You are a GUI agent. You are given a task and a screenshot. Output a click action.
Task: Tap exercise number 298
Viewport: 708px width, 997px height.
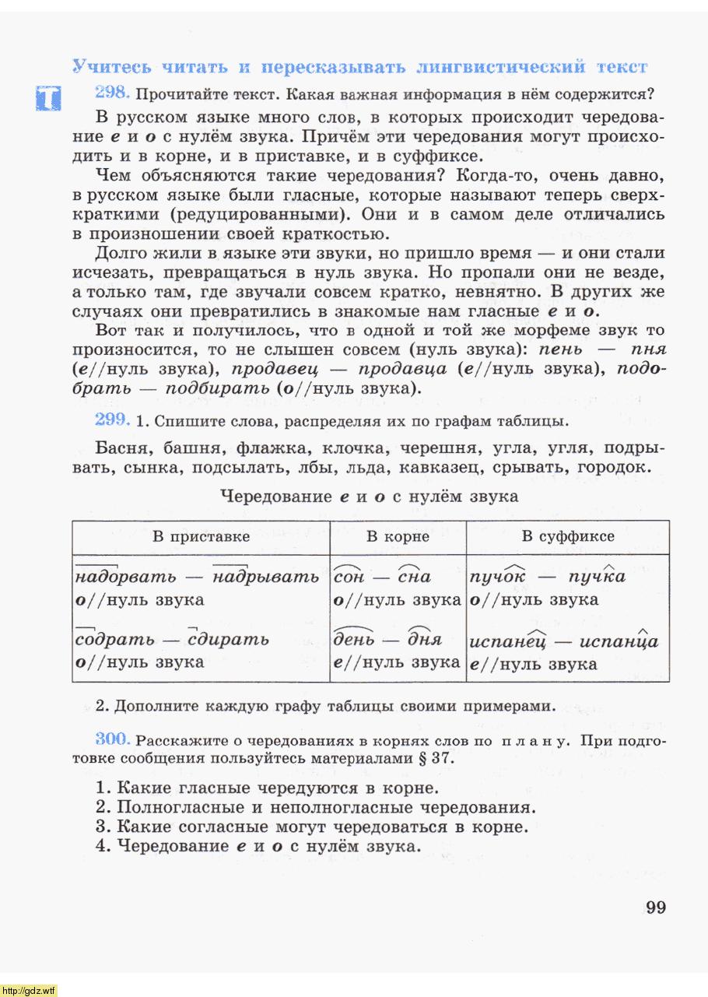point(111,93)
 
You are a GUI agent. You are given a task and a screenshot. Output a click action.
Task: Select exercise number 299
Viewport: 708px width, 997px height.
point(111,420)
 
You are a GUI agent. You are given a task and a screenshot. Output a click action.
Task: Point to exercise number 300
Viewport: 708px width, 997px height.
point(111,739)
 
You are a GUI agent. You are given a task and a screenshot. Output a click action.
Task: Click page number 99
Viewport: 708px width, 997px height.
point(655,907)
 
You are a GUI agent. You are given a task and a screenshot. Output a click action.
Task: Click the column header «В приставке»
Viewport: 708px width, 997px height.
point(201,536)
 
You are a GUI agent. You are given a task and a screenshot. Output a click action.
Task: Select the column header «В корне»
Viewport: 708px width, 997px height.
point(398,536)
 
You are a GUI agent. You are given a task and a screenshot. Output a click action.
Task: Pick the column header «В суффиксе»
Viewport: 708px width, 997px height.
point(567,536)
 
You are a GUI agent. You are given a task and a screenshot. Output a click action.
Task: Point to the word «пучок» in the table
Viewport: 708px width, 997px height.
point(497,577)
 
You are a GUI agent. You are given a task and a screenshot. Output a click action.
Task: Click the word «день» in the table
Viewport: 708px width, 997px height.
point(354,640)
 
